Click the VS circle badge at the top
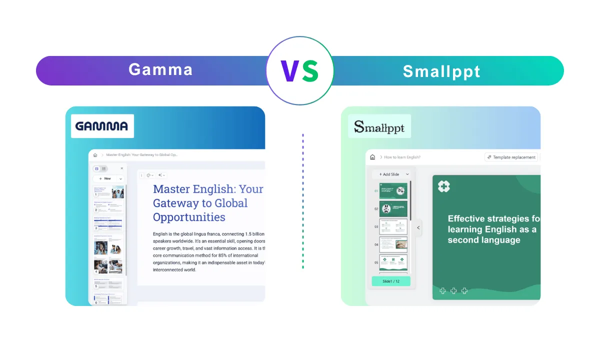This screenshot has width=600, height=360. [299, 70]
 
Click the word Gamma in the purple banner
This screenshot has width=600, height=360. [160, 69]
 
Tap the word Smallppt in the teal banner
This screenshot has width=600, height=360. [441, 71]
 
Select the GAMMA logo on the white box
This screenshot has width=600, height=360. [102, 126]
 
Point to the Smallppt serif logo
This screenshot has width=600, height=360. [379, 126]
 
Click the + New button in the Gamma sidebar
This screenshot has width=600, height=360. [105, 178]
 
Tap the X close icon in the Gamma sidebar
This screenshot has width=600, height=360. [121, 168]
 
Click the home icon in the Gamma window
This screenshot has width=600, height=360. [95, 155]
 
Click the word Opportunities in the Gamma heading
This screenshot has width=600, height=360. [189, 217]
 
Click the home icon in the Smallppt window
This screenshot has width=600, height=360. [372, 157]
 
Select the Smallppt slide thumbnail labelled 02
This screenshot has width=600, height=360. [393, 208]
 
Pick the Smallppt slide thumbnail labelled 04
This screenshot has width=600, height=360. [393, 244]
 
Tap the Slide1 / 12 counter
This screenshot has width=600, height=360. [391, 281]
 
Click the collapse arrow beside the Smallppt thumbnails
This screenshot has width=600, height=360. [418, 227]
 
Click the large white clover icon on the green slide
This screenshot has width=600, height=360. [444, 186]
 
